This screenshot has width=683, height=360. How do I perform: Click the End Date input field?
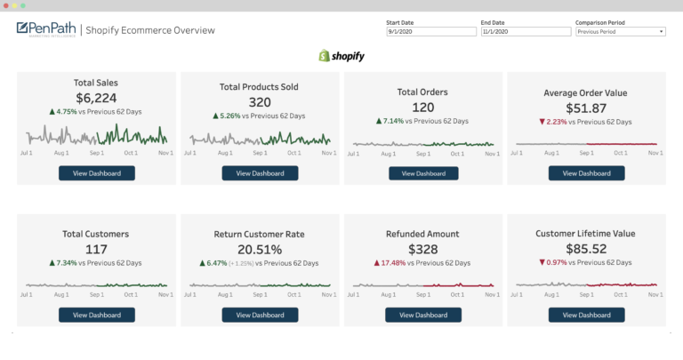(x=526, y=31)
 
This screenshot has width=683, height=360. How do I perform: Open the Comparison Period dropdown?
(x=620, y=31)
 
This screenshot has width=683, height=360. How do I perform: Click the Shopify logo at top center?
(x=341, y=56)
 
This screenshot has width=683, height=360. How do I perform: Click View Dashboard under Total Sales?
(x=97, y=173)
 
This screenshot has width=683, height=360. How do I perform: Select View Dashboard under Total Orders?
(x=423, y=173)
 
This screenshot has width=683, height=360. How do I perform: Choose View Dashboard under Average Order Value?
(x=587, y=173)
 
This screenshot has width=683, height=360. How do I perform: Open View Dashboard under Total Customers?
(x=97, y=315)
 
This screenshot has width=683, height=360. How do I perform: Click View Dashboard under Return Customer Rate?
(x=261, y=315)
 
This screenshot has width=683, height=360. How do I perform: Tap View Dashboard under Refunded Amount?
(x=423, y=315)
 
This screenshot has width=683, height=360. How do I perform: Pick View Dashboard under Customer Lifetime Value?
(x=587, y=315)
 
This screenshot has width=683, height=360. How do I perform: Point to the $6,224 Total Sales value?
(x=96, y=98)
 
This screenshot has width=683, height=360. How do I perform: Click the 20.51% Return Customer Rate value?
(x=260, y=250)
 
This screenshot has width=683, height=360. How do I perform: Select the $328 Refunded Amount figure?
(x=423, y=250)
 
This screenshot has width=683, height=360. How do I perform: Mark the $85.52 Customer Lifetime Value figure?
(x=586, y=250)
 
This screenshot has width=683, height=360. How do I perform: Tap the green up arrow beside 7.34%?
(x=52, y=263)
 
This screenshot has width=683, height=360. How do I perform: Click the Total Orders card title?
(x=422, y=92)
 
